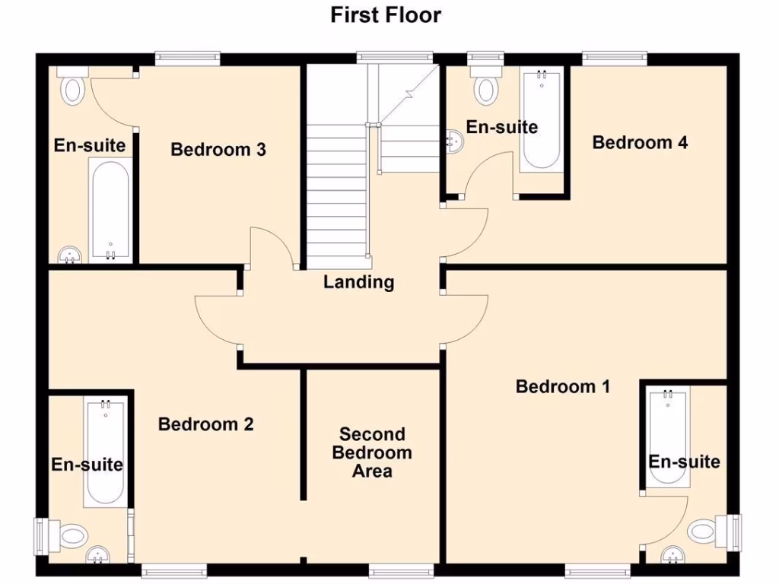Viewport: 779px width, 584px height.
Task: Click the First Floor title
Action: tap(386, 14)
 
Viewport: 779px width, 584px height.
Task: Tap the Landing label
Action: tap(358, 282)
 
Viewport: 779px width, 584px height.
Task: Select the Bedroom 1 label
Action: tap(562, 386)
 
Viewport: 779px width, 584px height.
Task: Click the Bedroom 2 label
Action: tap(205, 424)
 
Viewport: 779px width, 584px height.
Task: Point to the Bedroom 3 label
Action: tap(218, 149)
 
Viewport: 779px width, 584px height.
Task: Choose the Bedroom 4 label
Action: tap(640, 142)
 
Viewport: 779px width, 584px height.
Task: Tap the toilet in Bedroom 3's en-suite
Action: tap(73, 87)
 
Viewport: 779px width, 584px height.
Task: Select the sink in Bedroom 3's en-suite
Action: tap(70, 255)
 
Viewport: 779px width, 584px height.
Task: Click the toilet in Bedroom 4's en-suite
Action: tap(485, 86)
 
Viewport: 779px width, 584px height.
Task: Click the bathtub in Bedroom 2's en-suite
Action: tap(104, 452)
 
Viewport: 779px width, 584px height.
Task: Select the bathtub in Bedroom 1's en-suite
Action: tap(669, 438)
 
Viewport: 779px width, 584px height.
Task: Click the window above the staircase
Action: tap(395, 57)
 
